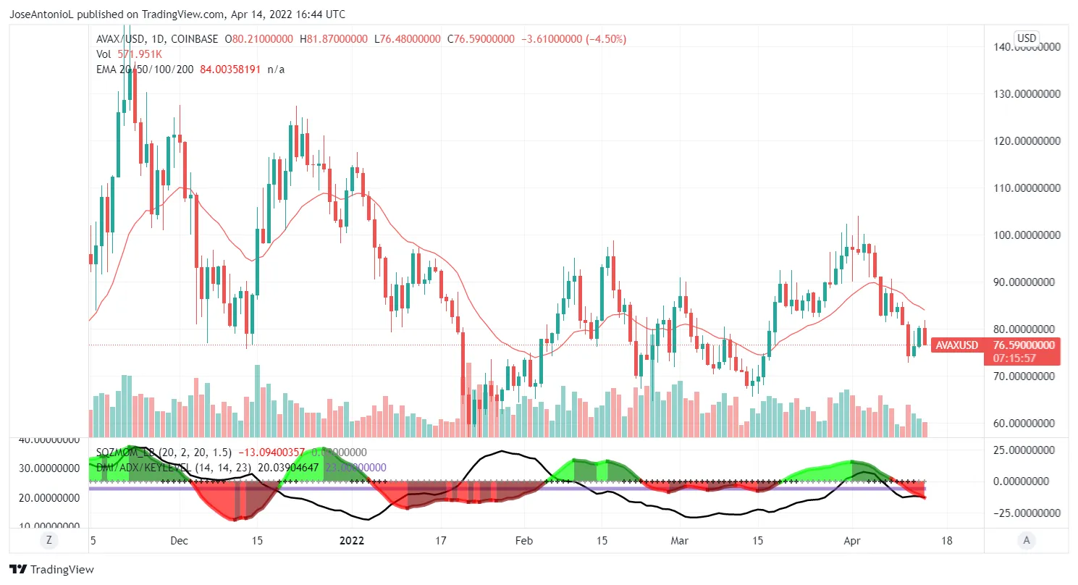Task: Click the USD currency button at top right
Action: click(1027, 38)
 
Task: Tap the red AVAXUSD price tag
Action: click(955, 345)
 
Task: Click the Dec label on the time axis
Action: click(180, 540)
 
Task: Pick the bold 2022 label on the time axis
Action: click(353, 540)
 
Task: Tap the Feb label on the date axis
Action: click(523, 540)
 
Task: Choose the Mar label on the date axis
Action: click(679, 540)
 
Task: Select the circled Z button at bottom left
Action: click(49, 539)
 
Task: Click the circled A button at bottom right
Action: click(1026, 539)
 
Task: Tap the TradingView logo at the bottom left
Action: click(51, 570)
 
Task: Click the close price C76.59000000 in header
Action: click(481, 39)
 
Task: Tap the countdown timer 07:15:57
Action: click(1014, 358)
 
